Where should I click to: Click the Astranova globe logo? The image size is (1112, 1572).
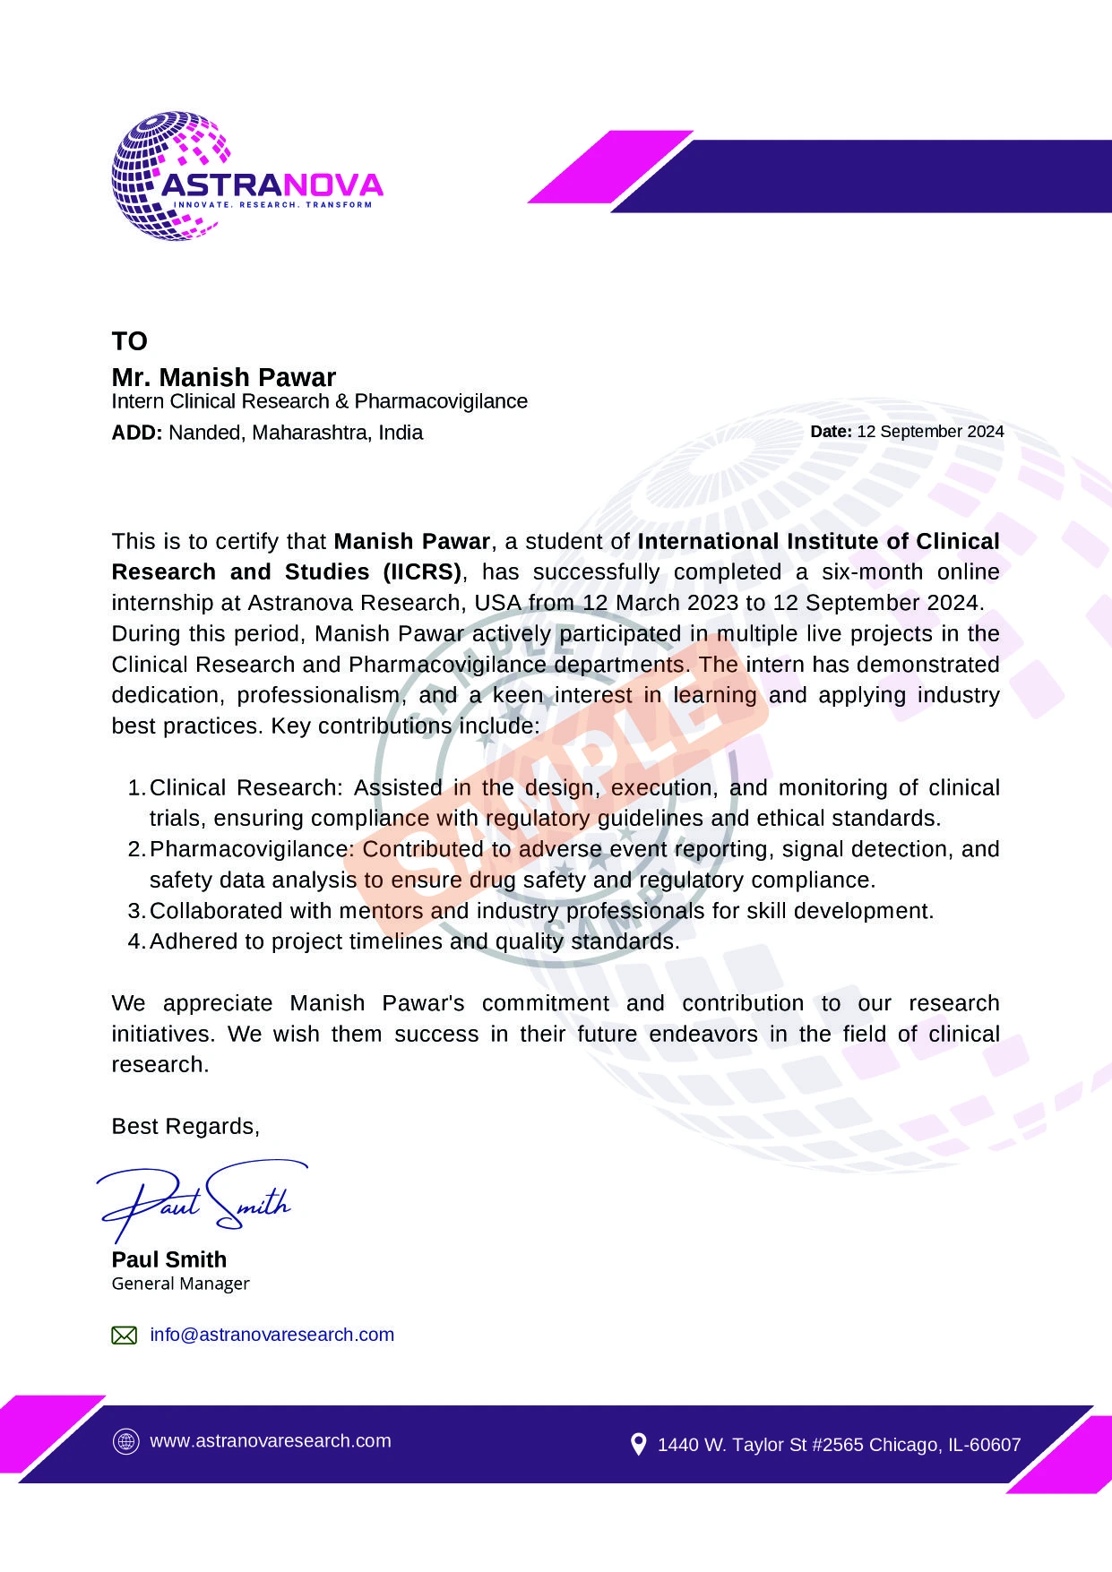point(170,176)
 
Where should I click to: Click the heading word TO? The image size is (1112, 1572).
point(129,341)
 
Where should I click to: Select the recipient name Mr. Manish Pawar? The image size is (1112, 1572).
point(223,377)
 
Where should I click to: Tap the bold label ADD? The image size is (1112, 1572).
point(136,433)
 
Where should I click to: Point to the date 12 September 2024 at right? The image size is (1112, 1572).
point(929,432)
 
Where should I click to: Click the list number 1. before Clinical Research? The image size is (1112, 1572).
point(136,788)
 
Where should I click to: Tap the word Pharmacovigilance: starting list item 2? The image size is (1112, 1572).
point(253,849)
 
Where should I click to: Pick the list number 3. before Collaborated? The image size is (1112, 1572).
point(136,911)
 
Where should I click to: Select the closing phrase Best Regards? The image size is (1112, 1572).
point(185,1127)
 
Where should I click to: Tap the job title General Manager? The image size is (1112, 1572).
point(180,1284)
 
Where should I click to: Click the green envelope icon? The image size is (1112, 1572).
point(124,1336)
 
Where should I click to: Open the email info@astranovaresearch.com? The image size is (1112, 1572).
point(272,1335)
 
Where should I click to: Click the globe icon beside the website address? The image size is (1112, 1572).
point(125,1442)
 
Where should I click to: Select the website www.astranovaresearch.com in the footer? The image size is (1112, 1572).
point(270,1441)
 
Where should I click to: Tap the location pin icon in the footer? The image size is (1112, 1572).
point(638,1444)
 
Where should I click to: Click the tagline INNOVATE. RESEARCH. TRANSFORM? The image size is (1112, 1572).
point(272,205)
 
